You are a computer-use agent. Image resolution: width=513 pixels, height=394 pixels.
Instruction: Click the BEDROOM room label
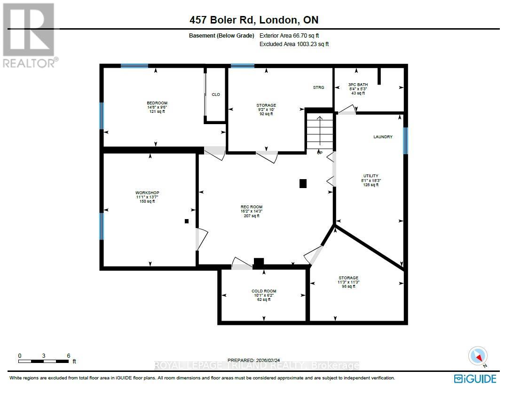coord(157,103)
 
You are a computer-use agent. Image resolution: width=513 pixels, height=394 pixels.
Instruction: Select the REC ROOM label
coord(251,207)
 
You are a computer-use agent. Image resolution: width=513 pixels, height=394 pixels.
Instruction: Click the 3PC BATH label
coord(358,85)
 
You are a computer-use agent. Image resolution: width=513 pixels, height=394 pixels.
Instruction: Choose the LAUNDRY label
coord(383,137)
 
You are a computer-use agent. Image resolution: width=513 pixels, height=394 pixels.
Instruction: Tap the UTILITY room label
coord(371,176)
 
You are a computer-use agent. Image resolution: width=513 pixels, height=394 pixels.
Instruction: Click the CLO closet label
coord(216,95)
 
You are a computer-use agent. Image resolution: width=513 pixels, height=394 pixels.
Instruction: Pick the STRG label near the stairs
coord(319,87)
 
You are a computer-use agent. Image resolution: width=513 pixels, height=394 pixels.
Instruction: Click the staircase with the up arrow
coord(319,131)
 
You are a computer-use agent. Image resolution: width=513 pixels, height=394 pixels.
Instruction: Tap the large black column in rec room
coord(303,184)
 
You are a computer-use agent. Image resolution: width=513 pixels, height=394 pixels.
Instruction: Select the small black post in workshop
coord(187,221)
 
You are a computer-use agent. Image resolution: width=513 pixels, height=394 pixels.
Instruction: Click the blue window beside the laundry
coord(405,141)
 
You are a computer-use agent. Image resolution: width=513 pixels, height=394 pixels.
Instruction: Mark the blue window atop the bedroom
coord(134,66)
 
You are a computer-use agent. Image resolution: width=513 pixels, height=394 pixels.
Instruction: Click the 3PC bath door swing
coord(347,110)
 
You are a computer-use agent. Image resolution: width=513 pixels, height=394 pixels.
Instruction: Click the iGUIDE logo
coord(475,378)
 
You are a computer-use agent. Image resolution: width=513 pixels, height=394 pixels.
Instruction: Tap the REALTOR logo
coord(29,35)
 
